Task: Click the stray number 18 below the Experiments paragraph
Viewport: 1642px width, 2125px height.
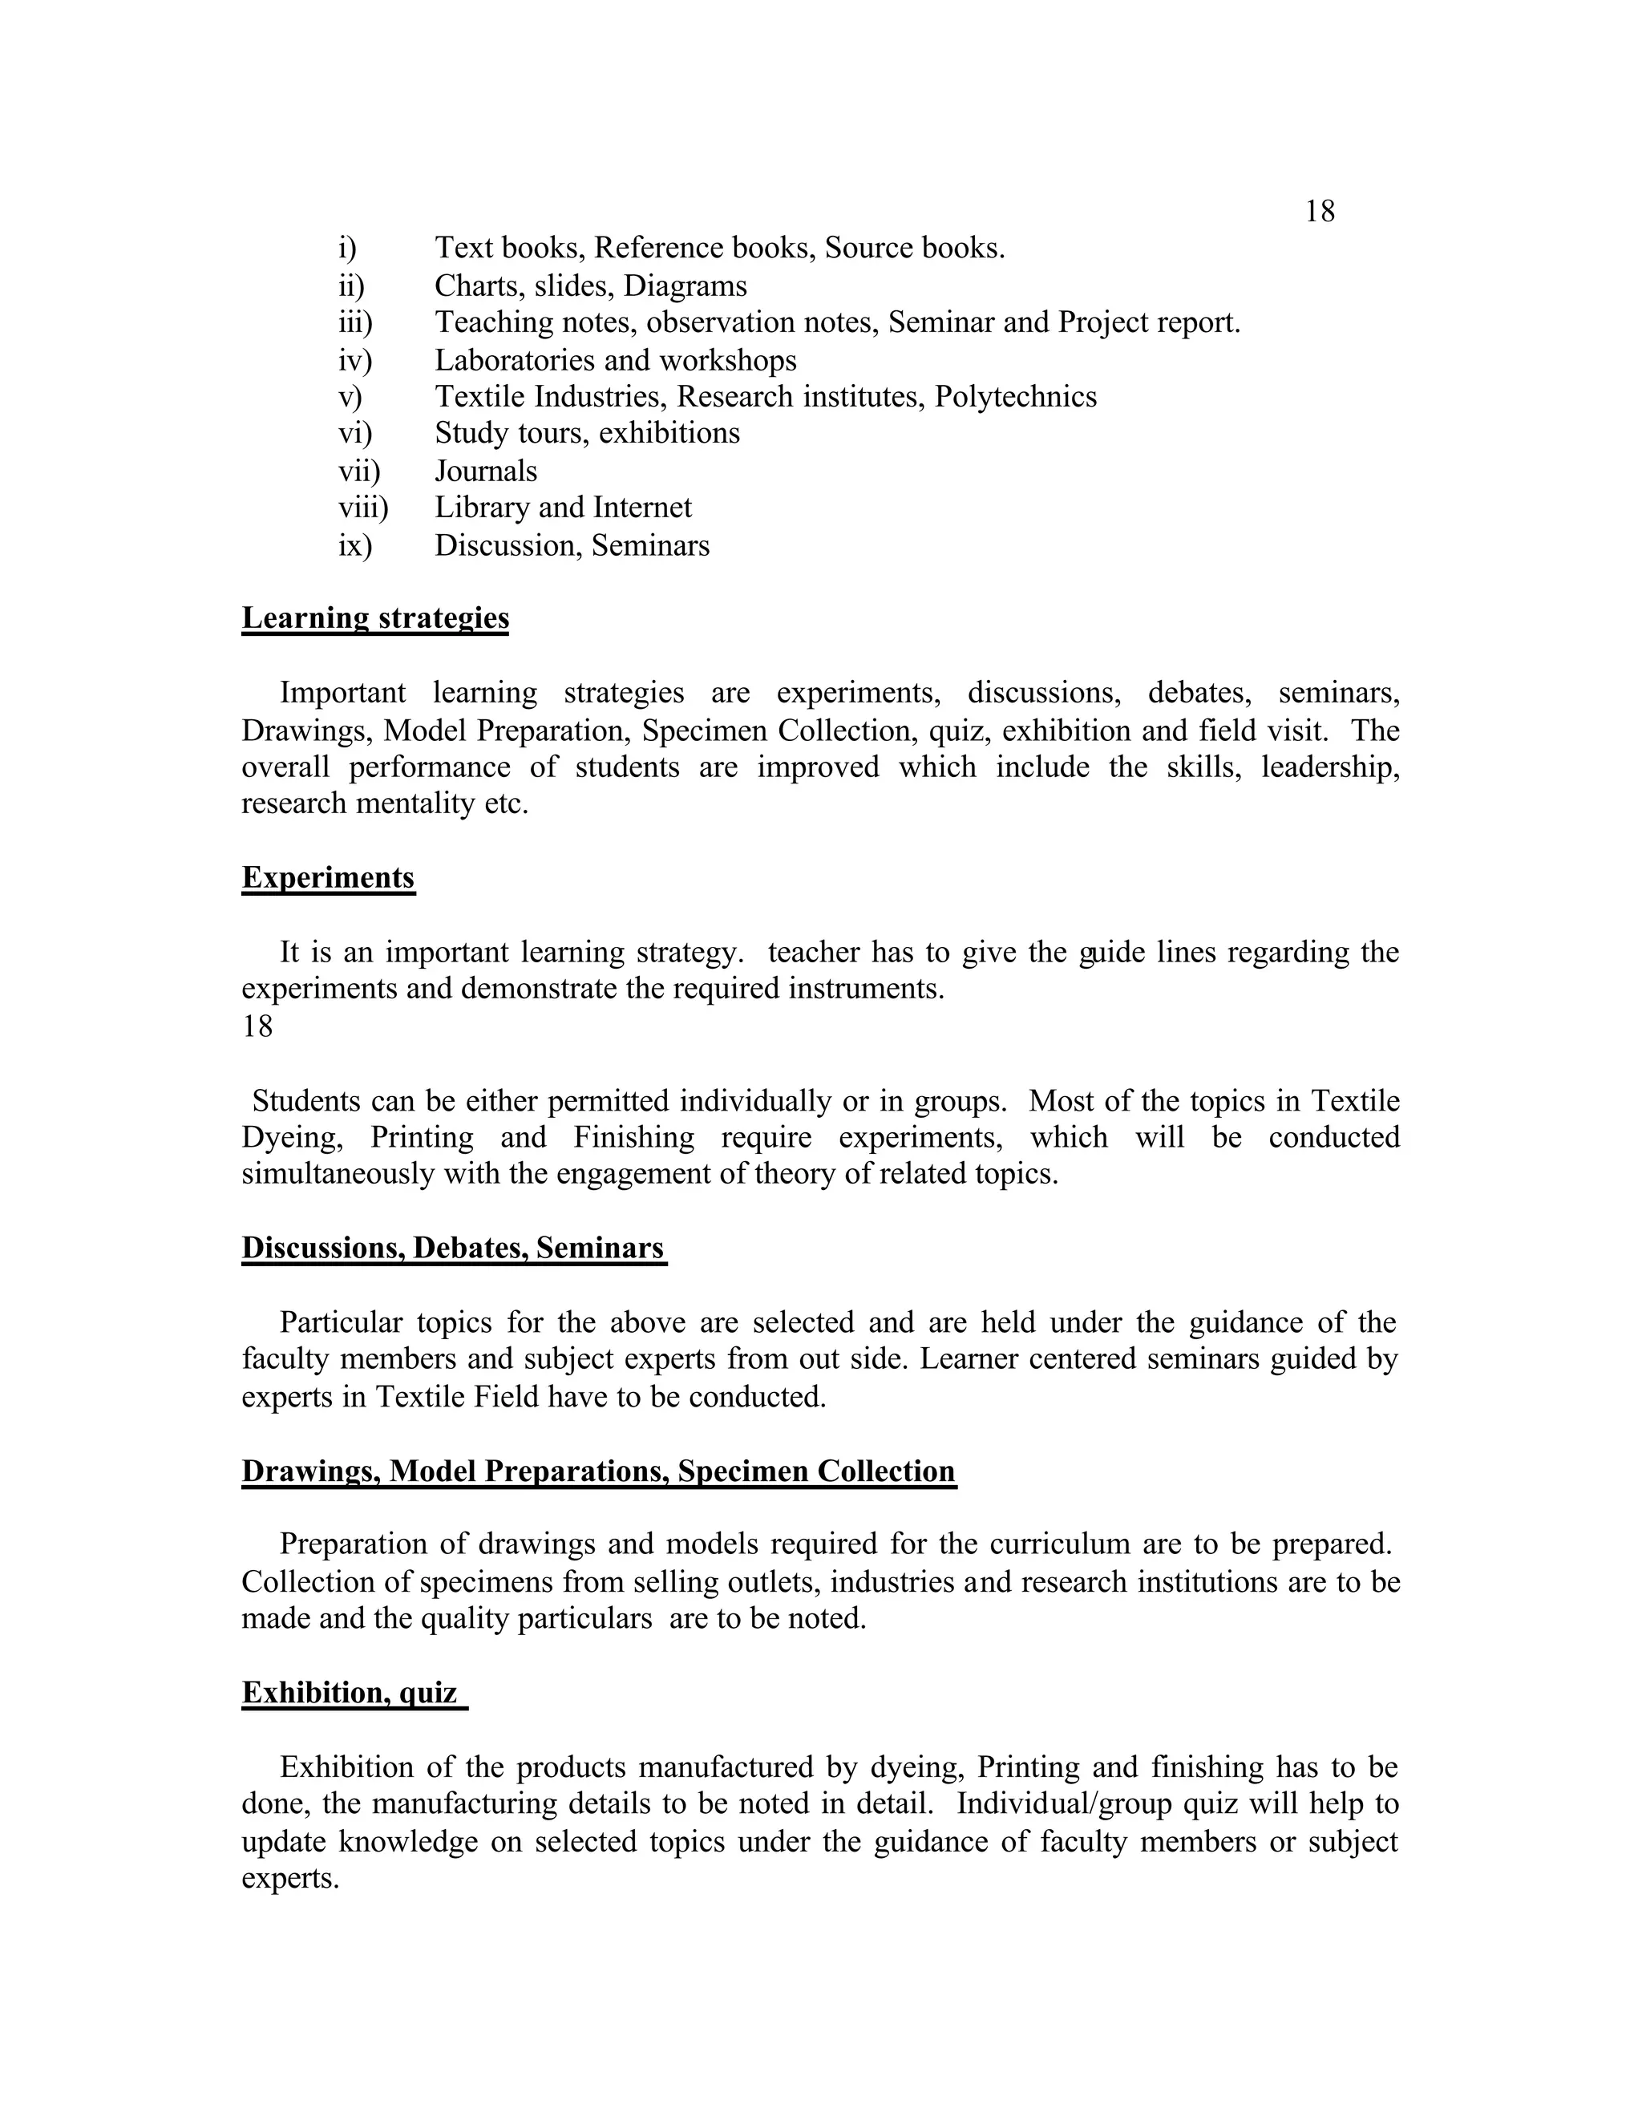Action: click(258, 1026)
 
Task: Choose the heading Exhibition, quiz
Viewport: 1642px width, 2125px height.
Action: click(350, 1692)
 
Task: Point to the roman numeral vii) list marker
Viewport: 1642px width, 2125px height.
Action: click(359, 471)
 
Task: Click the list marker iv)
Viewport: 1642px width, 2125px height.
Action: click(355, 361)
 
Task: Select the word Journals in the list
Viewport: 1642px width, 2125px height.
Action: click(485, 471)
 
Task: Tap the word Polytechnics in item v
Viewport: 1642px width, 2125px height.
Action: click(1016, 397)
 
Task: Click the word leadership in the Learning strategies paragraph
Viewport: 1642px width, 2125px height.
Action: click(1330, 767)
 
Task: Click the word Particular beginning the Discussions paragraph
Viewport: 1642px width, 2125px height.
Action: click(341, 1323)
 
